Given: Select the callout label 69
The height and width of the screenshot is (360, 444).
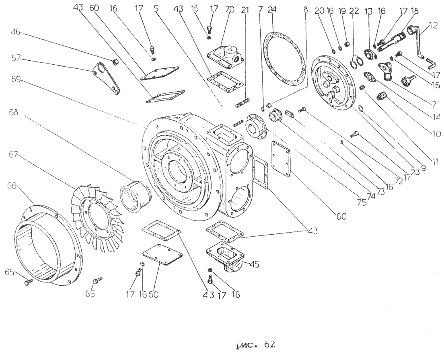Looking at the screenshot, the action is click(x=16, y=80).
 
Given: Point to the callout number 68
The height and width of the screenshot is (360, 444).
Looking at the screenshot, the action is click(x=13, y=112).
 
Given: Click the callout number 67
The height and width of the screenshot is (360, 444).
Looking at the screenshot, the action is click(x=13, y=155).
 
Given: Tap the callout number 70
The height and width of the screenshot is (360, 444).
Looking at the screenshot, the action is click(x=230, y=10).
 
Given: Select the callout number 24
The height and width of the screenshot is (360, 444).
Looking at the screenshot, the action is click(x=271, y=10).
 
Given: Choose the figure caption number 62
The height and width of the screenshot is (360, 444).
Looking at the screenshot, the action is click(x=269, y=345).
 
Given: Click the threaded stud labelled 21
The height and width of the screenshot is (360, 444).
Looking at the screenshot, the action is click(x=243, y=102).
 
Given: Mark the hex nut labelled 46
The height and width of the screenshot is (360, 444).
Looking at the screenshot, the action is click(x=115, y=61).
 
